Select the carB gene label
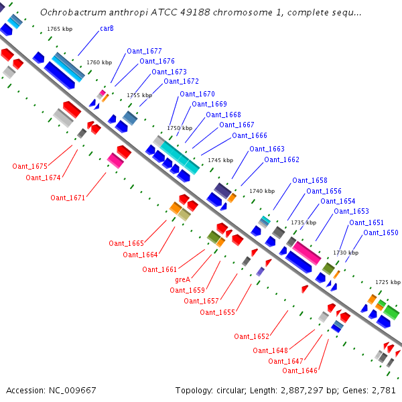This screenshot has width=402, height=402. point(107,29)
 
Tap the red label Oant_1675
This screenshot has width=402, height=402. point(29,166)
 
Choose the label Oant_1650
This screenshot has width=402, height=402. point(381,233)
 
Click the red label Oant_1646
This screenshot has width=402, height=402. point(299,371)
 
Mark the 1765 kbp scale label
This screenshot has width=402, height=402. point(60,29)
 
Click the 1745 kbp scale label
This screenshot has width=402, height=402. point(220,160)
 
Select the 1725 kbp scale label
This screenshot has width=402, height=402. point(388,282)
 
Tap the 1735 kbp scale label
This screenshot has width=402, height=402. point(304,222)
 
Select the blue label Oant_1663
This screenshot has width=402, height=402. point(267,149)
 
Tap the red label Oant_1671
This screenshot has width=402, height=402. point(68,198)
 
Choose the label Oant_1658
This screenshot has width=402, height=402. point(310,181)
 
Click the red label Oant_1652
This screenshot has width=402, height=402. point(251,336)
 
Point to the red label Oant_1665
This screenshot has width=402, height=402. point(127,243)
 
